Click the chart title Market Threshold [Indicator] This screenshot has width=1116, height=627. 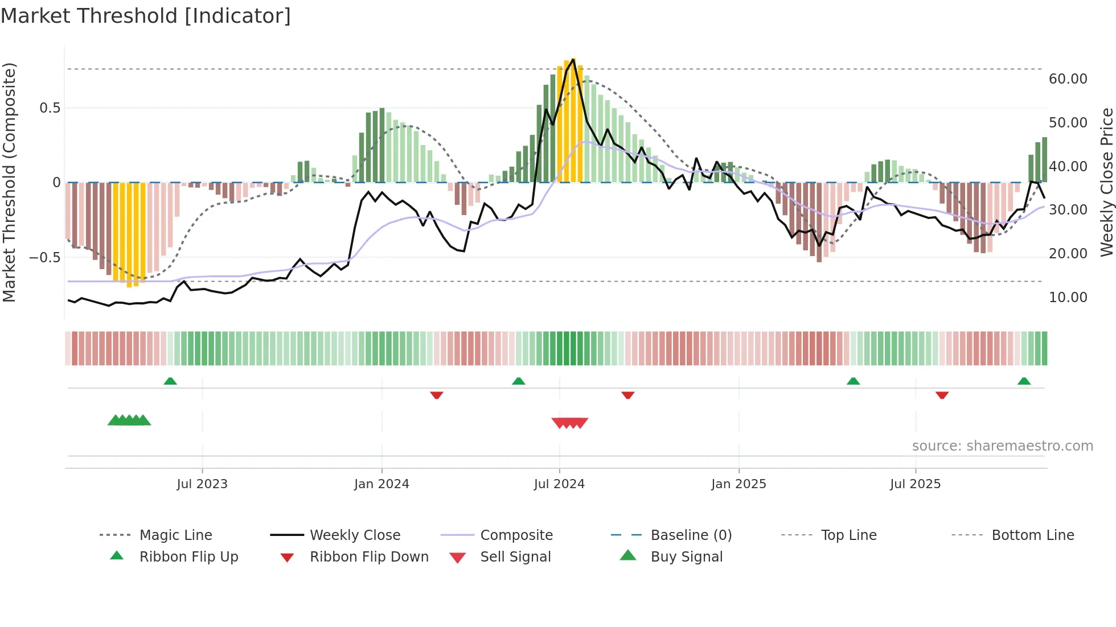146,16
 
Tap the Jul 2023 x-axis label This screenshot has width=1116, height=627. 202,484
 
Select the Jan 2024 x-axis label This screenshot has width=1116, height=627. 381,484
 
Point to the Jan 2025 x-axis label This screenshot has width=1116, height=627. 738,484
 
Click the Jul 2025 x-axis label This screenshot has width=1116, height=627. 915,484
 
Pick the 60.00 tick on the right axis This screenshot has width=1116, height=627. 1068,79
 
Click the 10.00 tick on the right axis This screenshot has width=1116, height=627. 1068,298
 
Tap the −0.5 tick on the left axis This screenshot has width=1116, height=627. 44,257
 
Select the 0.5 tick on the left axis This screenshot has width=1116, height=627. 50,108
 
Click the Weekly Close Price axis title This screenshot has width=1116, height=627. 1106,182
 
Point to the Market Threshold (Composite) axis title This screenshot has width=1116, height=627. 9,182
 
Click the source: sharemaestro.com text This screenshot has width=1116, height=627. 1002,446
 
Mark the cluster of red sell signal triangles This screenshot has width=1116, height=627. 569,423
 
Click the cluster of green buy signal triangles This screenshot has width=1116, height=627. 129,420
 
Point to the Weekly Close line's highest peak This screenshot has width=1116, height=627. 573,59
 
